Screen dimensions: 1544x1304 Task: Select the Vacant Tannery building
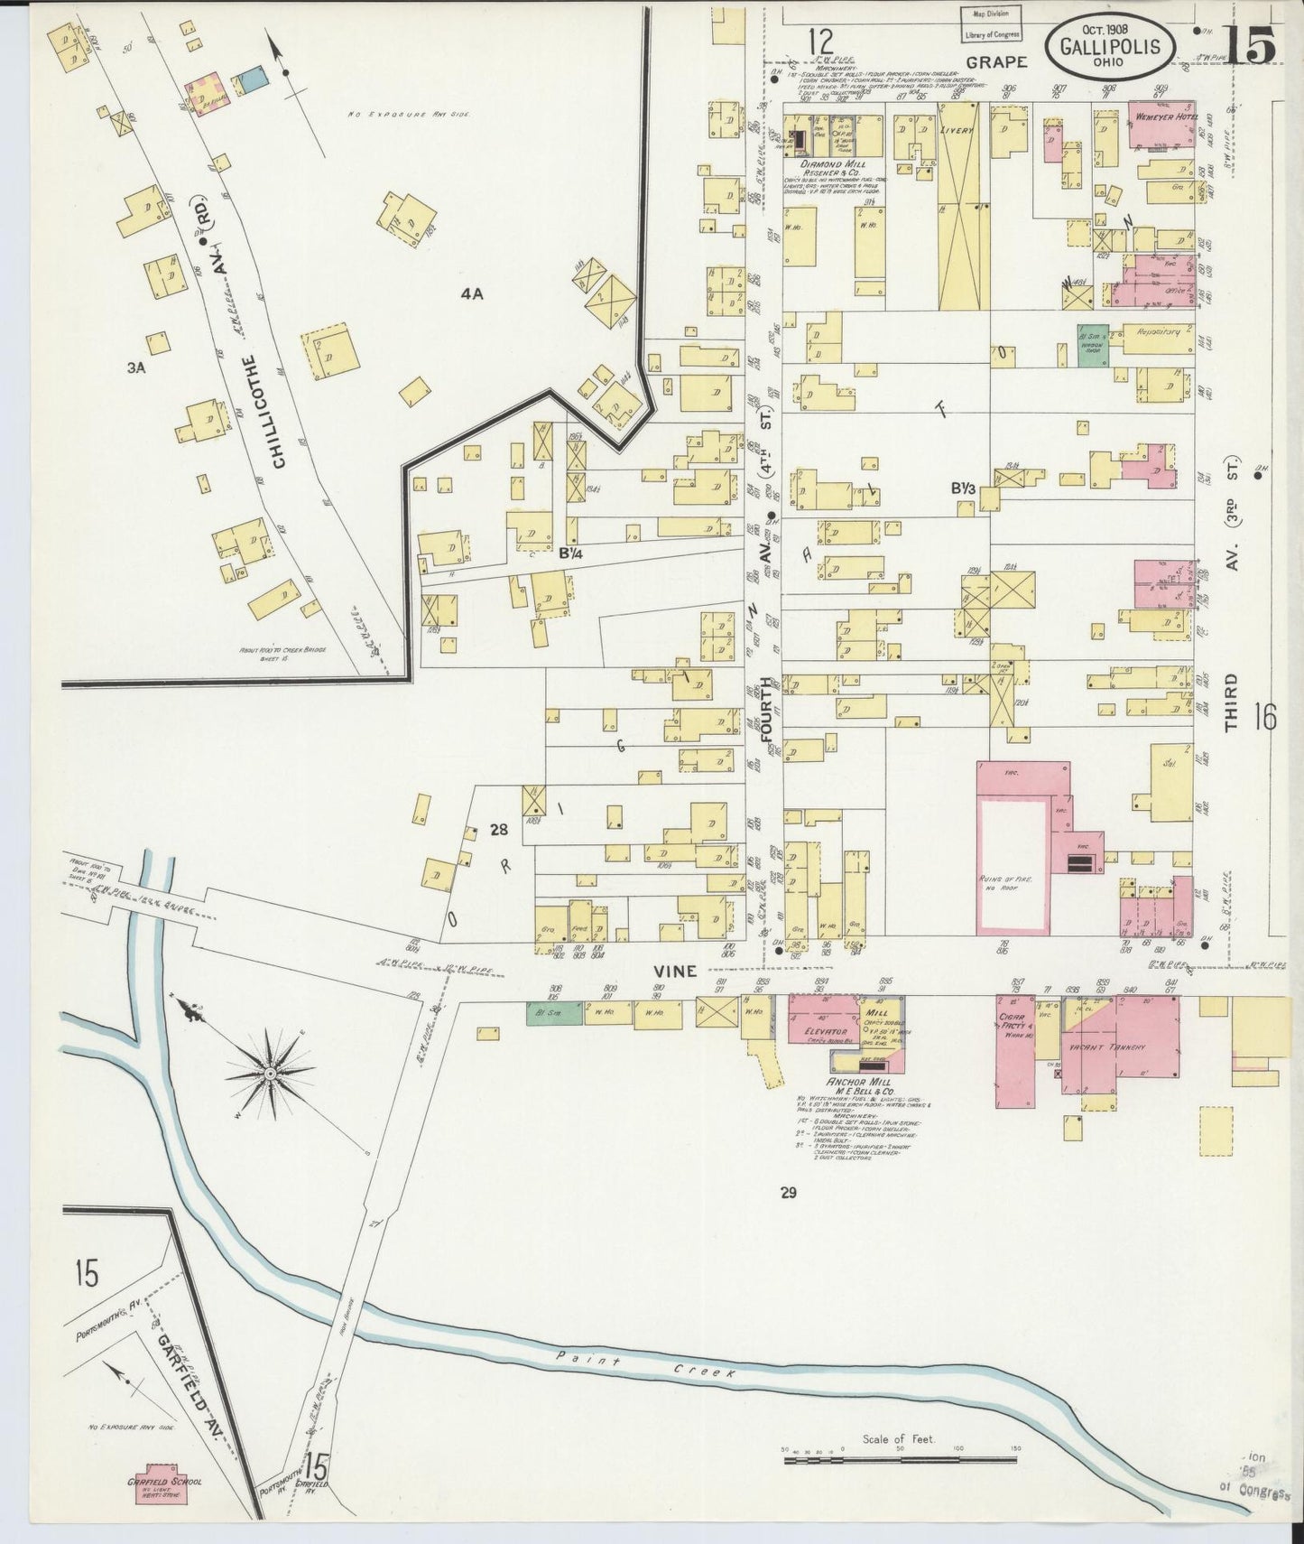[x=1119, y=1047]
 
